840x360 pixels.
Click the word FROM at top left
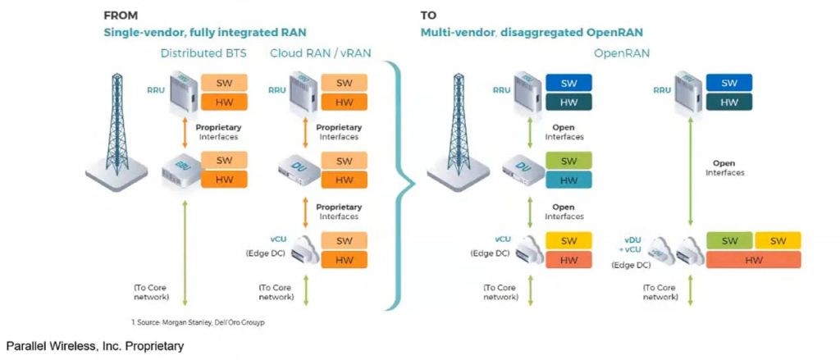[121, 15]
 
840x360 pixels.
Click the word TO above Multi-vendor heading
[429, 15]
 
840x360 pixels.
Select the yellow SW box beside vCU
[568, 241]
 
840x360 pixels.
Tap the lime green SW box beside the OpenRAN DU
[568, 161]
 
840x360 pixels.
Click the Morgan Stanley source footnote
[198, 322]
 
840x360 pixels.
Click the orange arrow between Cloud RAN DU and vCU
[304, 212]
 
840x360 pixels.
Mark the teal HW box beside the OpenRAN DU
[568, 180]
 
